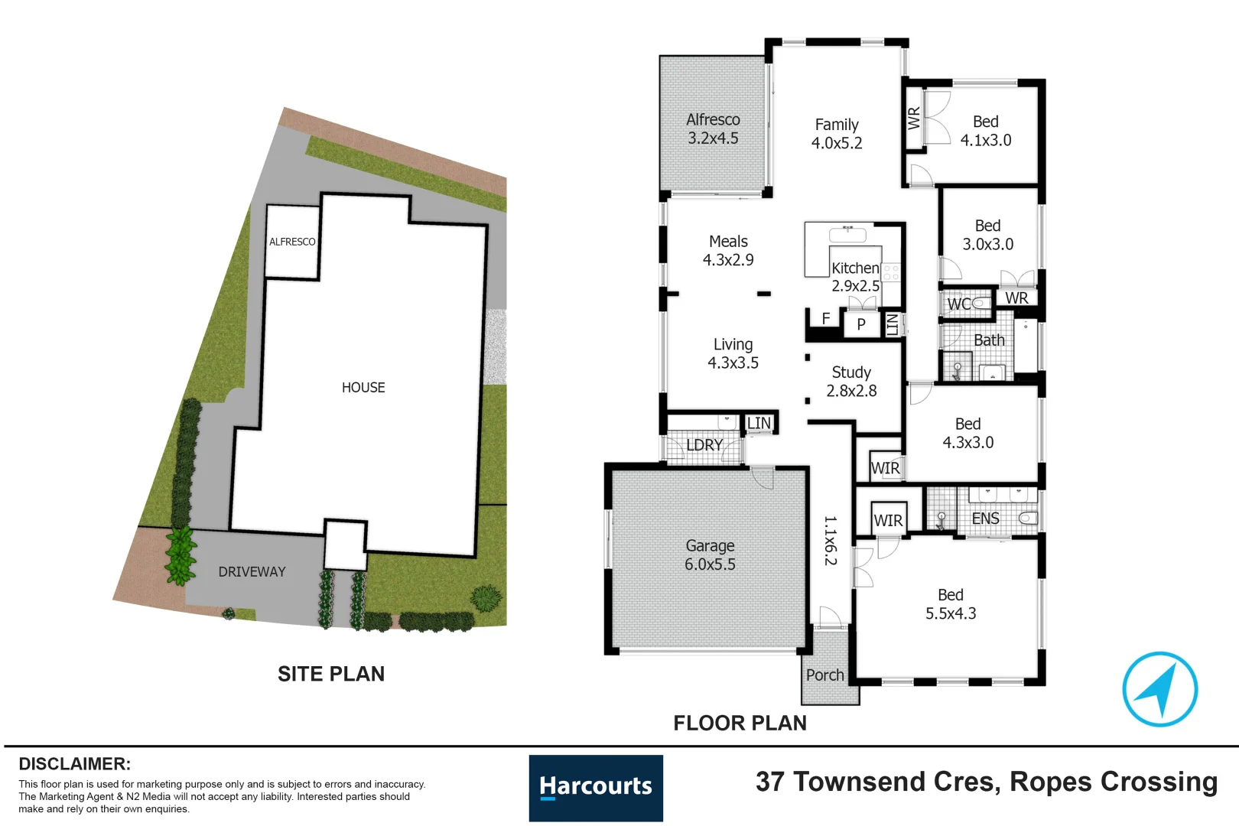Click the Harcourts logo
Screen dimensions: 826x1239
[596, 788]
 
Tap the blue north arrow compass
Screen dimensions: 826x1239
[1159, 688]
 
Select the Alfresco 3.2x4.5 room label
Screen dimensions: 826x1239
[713, 129]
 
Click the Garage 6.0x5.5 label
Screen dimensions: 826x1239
[710, 555]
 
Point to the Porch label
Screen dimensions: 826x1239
[825, 675]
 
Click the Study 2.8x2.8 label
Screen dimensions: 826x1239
[851, 382]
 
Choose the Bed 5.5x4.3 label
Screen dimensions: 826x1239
[951, 604]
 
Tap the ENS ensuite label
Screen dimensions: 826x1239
[985, 519]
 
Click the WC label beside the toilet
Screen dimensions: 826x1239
[958, 304]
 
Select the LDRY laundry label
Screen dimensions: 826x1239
[704, 445]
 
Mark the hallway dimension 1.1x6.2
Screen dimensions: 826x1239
[831, 540]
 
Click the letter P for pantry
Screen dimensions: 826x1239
[861, 324]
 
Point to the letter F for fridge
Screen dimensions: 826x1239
[826, 318]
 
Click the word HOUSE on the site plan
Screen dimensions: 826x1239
[363, 388]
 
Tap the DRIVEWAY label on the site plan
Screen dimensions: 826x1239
[252, 572]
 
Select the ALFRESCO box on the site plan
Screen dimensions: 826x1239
[292, 242]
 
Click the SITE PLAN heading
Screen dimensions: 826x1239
[331, 674]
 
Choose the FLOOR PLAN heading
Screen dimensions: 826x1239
[740, 723]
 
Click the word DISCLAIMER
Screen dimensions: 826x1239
[74, 764]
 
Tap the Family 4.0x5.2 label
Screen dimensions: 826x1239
[837, 134]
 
